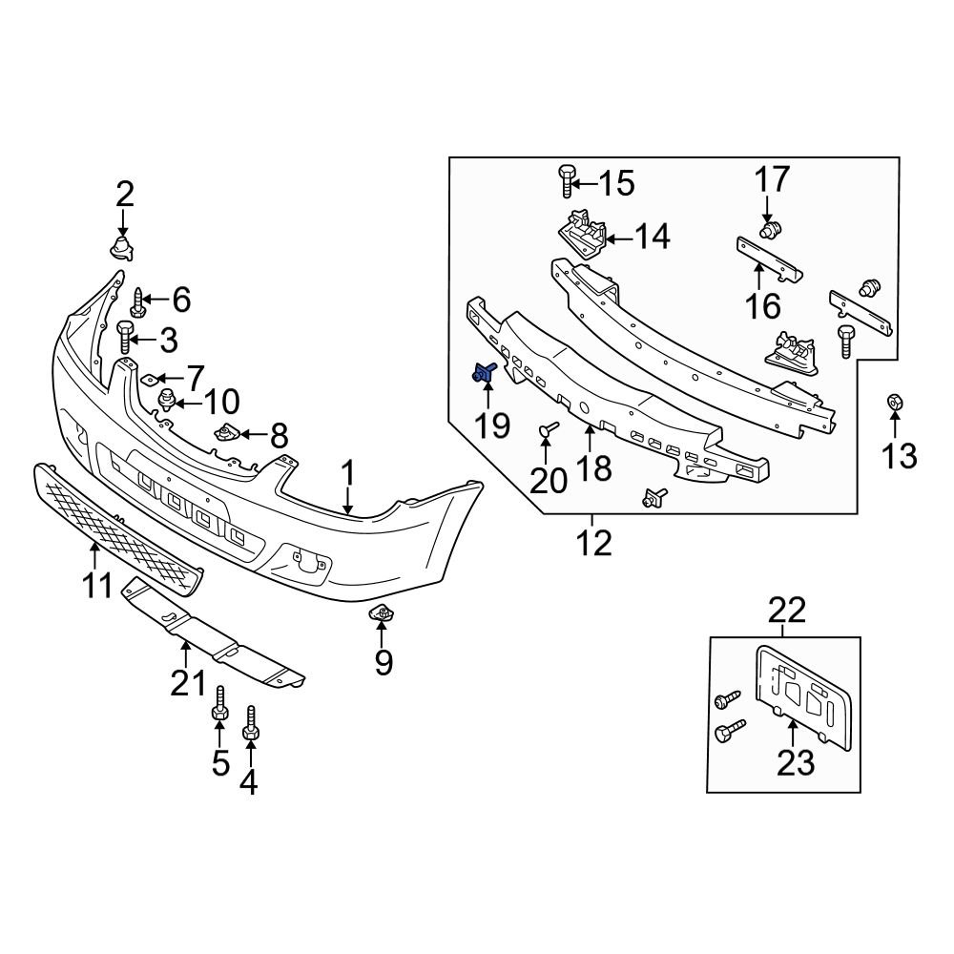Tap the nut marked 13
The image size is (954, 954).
896,404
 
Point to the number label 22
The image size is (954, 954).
782,611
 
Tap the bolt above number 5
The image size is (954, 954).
219,705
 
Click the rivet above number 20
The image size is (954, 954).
547,431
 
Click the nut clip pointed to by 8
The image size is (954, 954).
227,434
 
